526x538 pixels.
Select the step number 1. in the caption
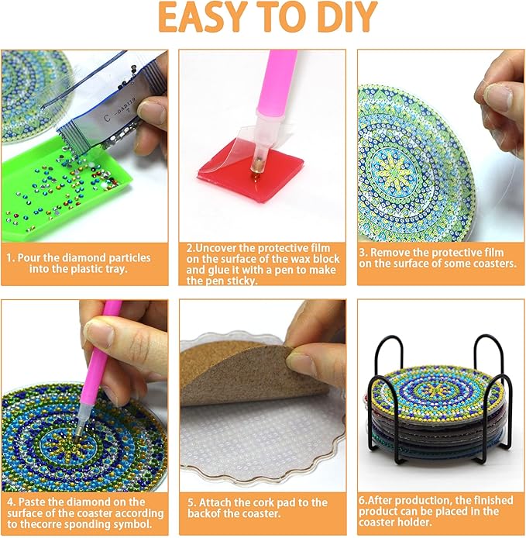[12, 257]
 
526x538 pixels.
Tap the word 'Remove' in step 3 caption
[394, 252]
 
